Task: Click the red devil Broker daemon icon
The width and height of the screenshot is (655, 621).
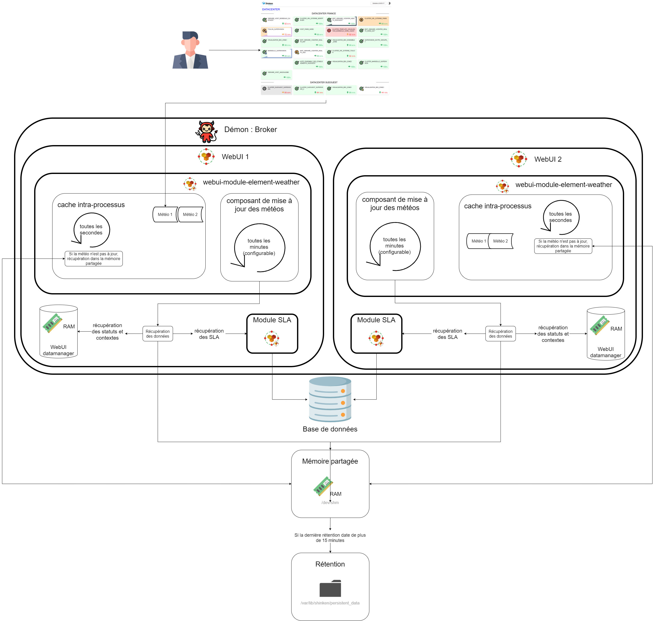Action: [206, 132]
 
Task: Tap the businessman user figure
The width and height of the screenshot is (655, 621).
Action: [190, 50]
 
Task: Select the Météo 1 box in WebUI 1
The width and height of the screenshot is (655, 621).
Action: [165, 215]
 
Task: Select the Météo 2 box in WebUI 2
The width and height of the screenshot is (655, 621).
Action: [500, 241]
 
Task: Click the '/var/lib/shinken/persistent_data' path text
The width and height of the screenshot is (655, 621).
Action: [330, 603]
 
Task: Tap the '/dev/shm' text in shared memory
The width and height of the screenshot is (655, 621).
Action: [330, 503]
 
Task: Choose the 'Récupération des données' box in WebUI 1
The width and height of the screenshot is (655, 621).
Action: [158, 334]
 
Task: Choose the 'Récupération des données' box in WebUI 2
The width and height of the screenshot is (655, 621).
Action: [500, 334]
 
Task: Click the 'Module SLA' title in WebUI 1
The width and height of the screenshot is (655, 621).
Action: [272, 320]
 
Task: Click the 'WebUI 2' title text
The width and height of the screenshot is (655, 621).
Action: [548, 159]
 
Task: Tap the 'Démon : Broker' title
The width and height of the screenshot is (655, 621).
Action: [250, 130]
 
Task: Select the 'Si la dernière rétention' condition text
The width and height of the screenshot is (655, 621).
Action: [330, 538]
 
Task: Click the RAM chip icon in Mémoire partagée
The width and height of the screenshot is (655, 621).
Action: [323, 486]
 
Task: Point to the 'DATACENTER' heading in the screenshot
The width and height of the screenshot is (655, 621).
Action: [271, 9]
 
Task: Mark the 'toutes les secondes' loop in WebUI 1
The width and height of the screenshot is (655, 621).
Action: [91, 229]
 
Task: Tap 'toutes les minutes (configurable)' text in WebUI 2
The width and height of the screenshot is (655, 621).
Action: [394, 246]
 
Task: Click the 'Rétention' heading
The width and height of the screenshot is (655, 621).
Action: [330, 564]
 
